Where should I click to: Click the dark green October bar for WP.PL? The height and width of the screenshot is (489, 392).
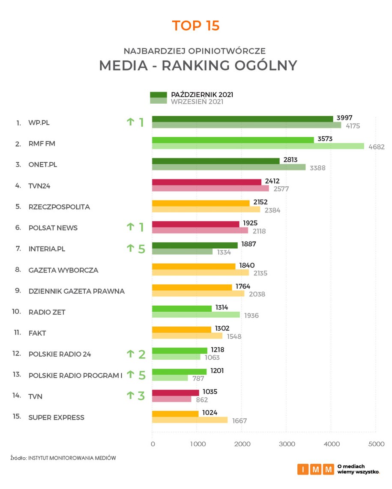pos(242,119)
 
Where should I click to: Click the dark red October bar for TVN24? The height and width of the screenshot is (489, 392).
pos(206,182)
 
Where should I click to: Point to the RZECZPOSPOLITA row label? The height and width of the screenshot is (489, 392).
pos(59,207)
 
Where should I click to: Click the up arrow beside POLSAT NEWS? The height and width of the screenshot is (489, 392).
pos(130,227)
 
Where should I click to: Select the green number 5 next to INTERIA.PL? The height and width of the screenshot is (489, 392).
pos(141,248)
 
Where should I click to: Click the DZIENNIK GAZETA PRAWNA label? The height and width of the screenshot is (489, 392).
pos(76,291)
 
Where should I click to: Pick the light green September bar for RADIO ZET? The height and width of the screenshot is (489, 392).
pos(196,315)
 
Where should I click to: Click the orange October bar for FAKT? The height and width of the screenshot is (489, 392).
pos(182,329)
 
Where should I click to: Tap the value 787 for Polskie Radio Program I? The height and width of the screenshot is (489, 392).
pos(198,379)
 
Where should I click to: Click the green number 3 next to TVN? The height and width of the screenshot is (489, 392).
pos(141,396)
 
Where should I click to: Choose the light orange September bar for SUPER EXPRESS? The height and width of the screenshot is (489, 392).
pos(190,420)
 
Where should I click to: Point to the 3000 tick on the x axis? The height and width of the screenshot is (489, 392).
pos(287,444)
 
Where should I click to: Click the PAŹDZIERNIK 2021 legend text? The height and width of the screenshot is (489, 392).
pos(202,95)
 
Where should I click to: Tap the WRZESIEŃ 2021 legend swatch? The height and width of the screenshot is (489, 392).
pos(158,101)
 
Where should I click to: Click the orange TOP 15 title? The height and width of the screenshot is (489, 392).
pos(196,26)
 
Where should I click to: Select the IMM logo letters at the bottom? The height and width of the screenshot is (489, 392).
pos(316,469)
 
